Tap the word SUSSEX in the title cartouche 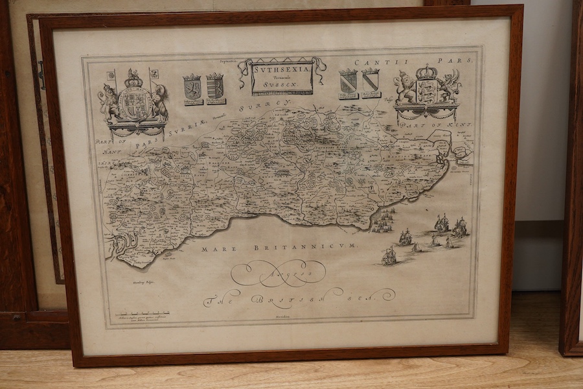click(282, 84)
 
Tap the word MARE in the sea click(215, 248)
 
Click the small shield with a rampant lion click(192, 88)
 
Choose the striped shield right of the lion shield click(215, 87)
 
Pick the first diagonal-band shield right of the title click(348, 82)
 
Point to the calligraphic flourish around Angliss click(285, 274)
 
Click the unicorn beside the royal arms click(160, 100)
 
